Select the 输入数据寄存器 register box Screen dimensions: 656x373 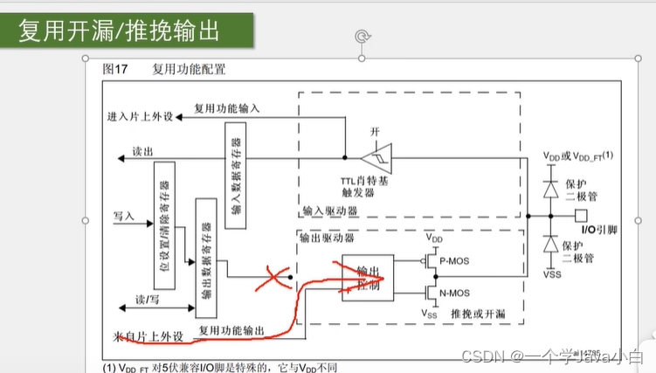(235, 175)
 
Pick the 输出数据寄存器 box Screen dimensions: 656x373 (206, 249)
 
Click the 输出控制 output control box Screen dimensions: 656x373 (367, 278)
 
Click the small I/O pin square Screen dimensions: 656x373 (578, 215)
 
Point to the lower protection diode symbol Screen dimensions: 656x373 (549, 245)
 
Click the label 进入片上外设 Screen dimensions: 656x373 (140, 115)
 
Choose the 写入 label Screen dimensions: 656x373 (123, 214)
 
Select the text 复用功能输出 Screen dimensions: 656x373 (230, 329)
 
